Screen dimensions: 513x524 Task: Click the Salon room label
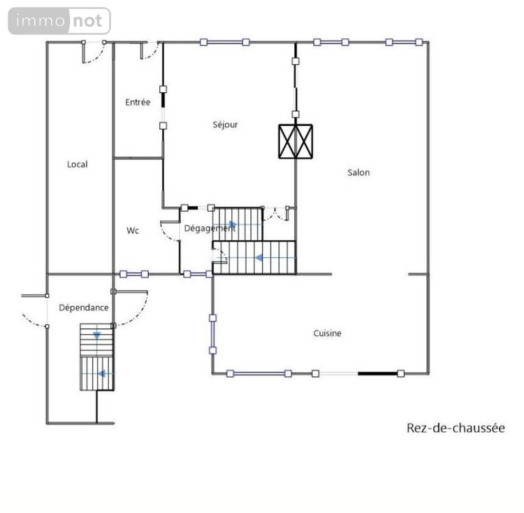[x=358, y=173]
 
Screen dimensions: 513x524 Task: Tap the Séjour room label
[x=225, y=125]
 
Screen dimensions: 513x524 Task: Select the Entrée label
[x=138, y=102]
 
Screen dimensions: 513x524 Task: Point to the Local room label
[x=78, y=164]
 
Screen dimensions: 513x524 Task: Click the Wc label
[x=133, y=231]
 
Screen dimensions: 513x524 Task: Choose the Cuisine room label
[x=327, y=333]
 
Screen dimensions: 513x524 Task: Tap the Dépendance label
[x=83, y=308]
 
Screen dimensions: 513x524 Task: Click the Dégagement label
[x=209, y=228]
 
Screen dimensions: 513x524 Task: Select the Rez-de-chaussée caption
[x=455, y=428]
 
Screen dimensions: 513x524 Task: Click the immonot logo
[x=59, y=21]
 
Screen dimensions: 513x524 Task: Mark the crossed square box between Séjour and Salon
[x=296, y=141]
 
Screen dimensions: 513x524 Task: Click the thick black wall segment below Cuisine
[x=377, y=373]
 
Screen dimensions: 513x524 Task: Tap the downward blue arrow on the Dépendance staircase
[x=97, y=336]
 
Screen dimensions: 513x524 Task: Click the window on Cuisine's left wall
[x=212, y=333]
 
